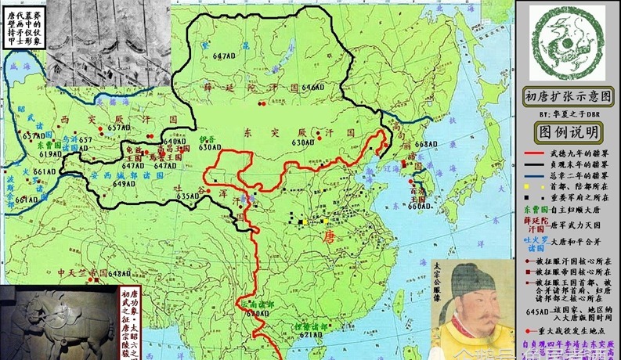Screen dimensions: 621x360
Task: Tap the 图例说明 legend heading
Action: pyautogui.click(x=568, y=131)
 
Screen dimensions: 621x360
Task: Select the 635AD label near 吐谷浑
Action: pyautogui.click(x=188, y=196)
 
